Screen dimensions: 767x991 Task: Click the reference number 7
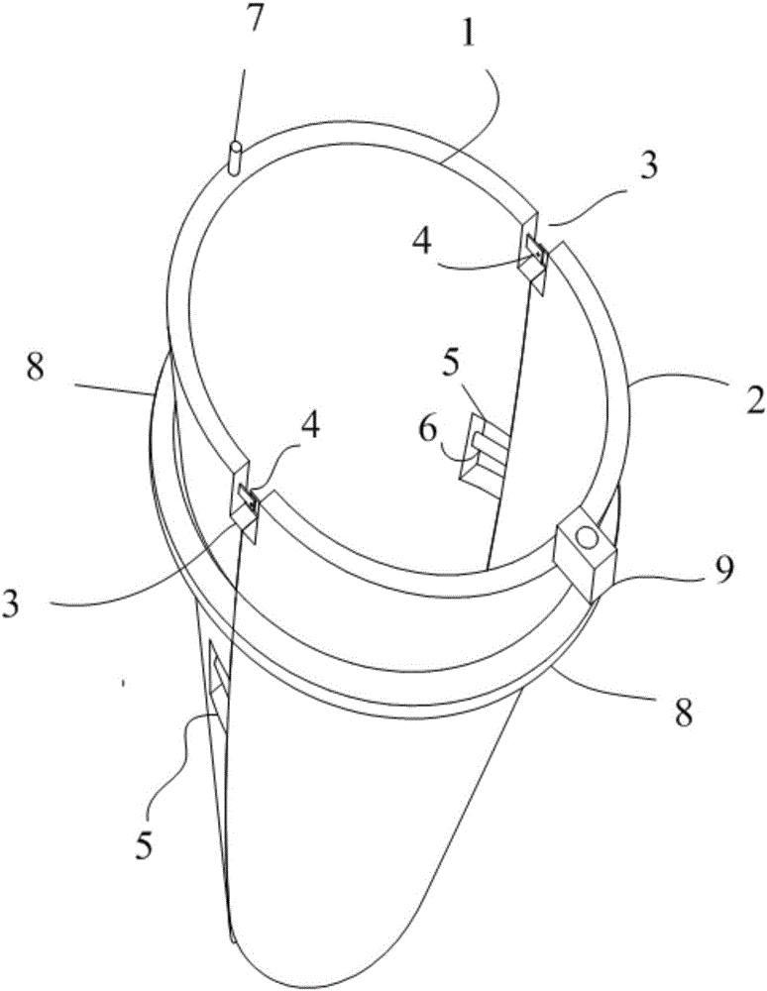(257, 21)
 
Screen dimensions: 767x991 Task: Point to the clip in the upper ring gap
(535, 258)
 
